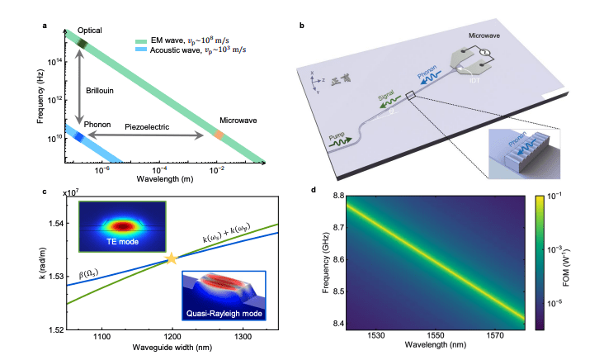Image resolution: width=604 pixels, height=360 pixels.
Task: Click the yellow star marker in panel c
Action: [172, 259]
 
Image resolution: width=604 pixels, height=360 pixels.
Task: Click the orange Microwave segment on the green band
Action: [219, 134]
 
